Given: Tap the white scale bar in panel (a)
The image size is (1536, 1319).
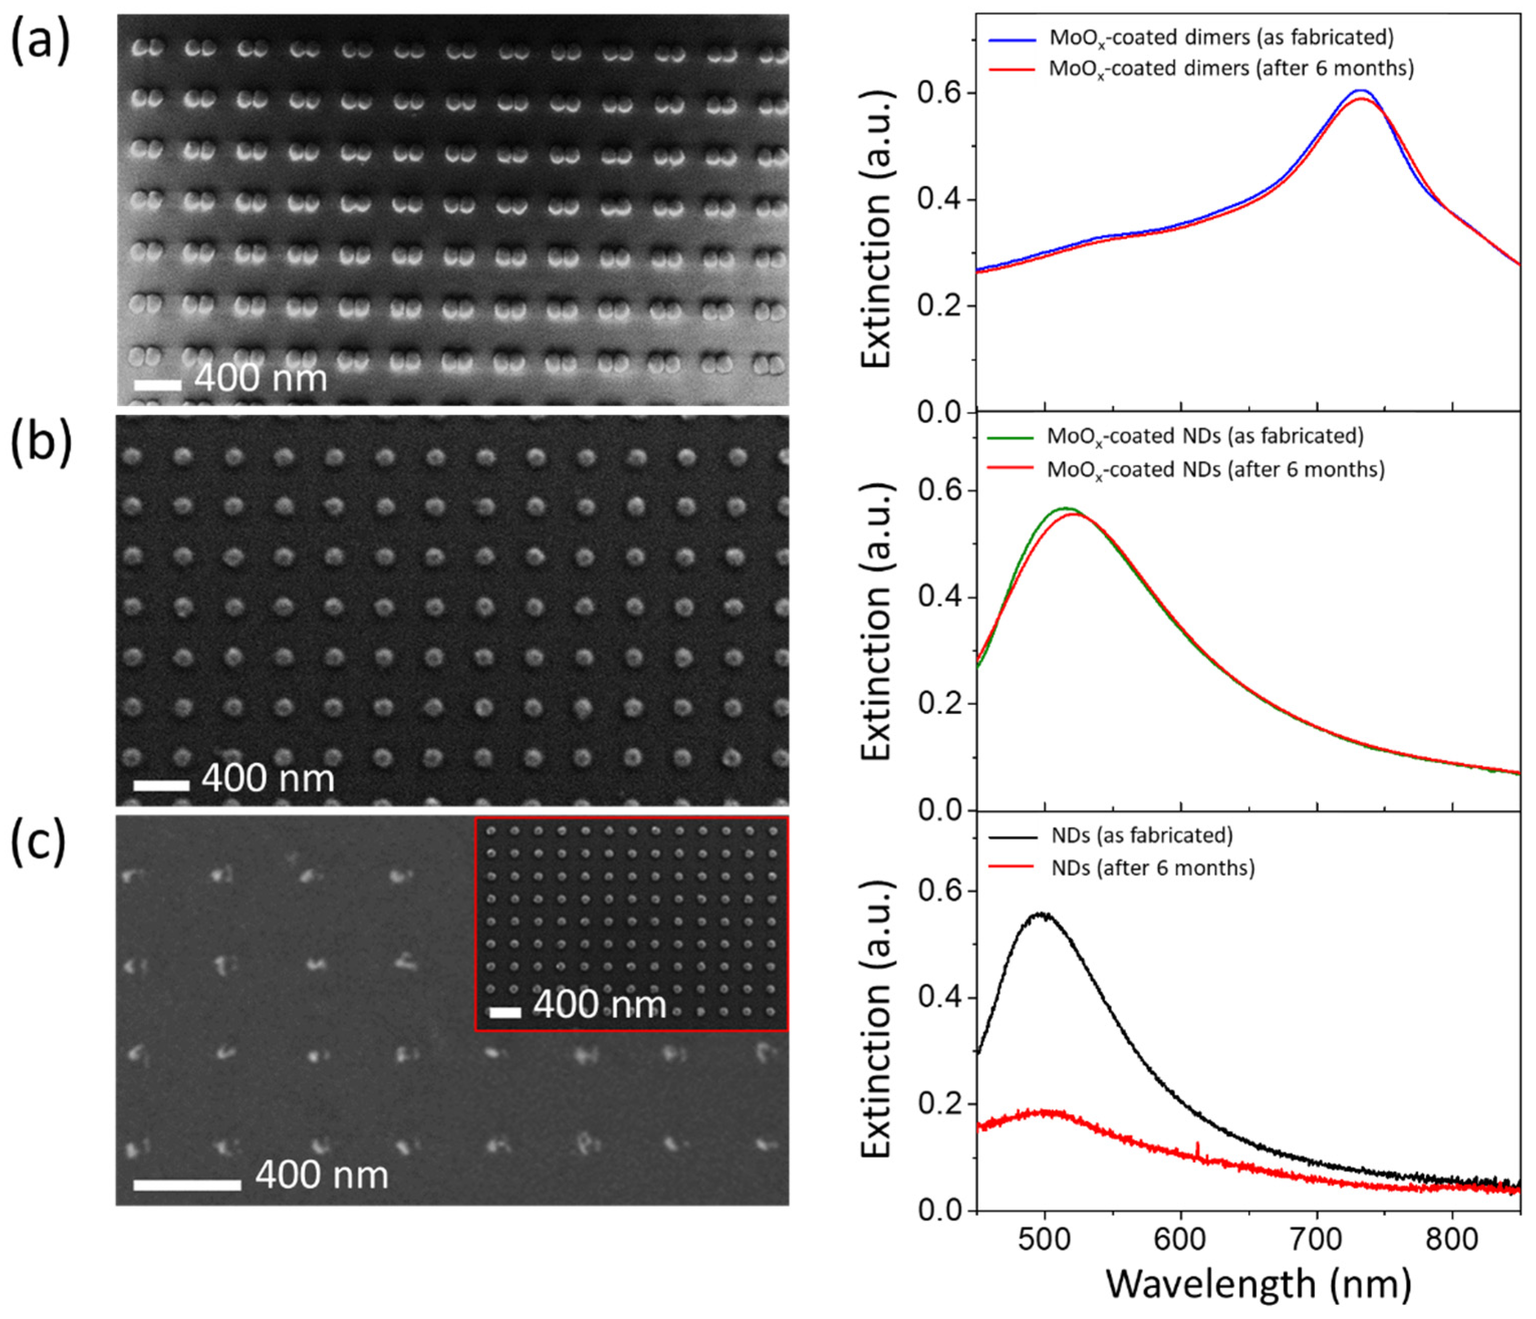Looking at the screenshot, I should point(157,385).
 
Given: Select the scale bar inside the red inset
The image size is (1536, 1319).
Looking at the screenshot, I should point(506,1012).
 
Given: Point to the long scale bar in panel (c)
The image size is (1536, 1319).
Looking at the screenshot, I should point(187,1185).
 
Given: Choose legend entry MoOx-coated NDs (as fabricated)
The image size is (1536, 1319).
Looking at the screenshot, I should point(1205,436).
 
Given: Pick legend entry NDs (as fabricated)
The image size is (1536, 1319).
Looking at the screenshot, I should point(1142,835).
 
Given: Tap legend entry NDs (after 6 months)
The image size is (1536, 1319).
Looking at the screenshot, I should point(1153,867).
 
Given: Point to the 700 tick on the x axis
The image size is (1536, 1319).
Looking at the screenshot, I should point(1317,1237).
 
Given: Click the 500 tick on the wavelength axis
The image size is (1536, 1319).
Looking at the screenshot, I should point(1045,1237).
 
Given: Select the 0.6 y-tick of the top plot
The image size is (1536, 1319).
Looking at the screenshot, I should point(935,93).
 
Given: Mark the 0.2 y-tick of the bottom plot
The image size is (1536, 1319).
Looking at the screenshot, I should point(935,1104).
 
